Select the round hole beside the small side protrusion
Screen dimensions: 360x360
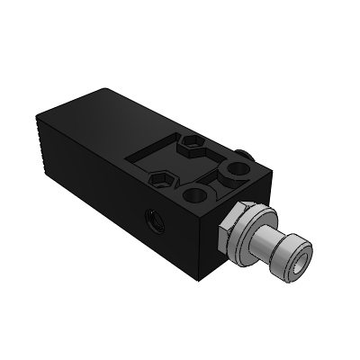pos(238,167)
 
